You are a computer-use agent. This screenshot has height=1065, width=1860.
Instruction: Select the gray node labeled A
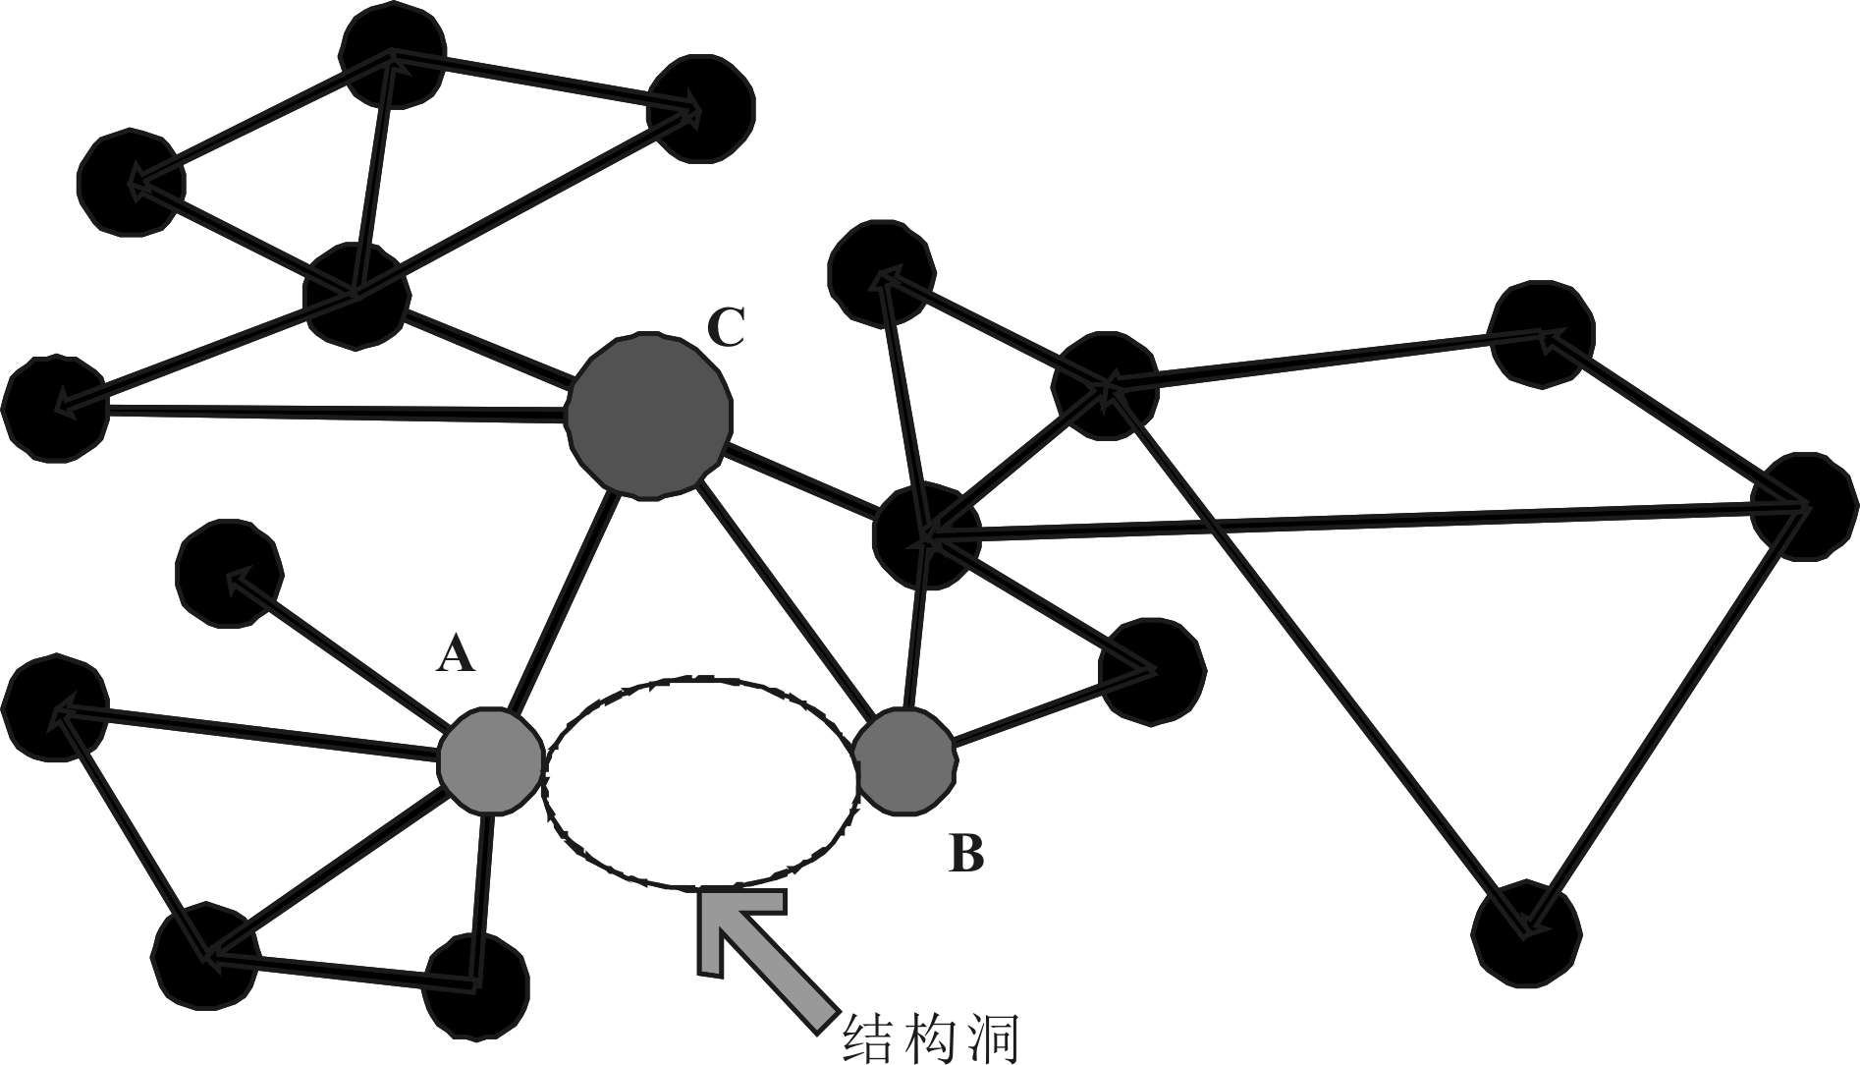coord(490,760)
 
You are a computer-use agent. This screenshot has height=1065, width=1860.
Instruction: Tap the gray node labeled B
coord(903,759)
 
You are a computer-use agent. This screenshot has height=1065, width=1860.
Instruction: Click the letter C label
coord(727,329)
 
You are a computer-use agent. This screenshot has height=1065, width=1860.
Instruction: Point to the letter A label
coord(456,654)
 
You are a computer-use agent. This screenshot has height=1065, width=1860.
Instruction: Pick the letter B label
coord(965,853)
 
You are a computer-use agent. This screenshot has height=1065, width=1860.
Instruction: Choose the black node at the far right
coord(1805,507)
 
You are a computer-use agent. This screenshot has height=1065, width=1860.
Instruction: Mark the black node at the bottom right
coord(1526,931)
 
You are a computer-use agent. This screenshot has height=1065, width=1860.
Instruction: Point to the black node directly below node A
coord(476,986)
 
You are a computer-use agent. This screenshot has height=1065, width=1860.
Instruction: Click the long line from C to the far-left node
coord(334,413)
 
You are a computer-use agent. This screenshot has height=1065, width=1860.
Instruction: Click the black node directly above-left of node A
coord(230,574)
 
